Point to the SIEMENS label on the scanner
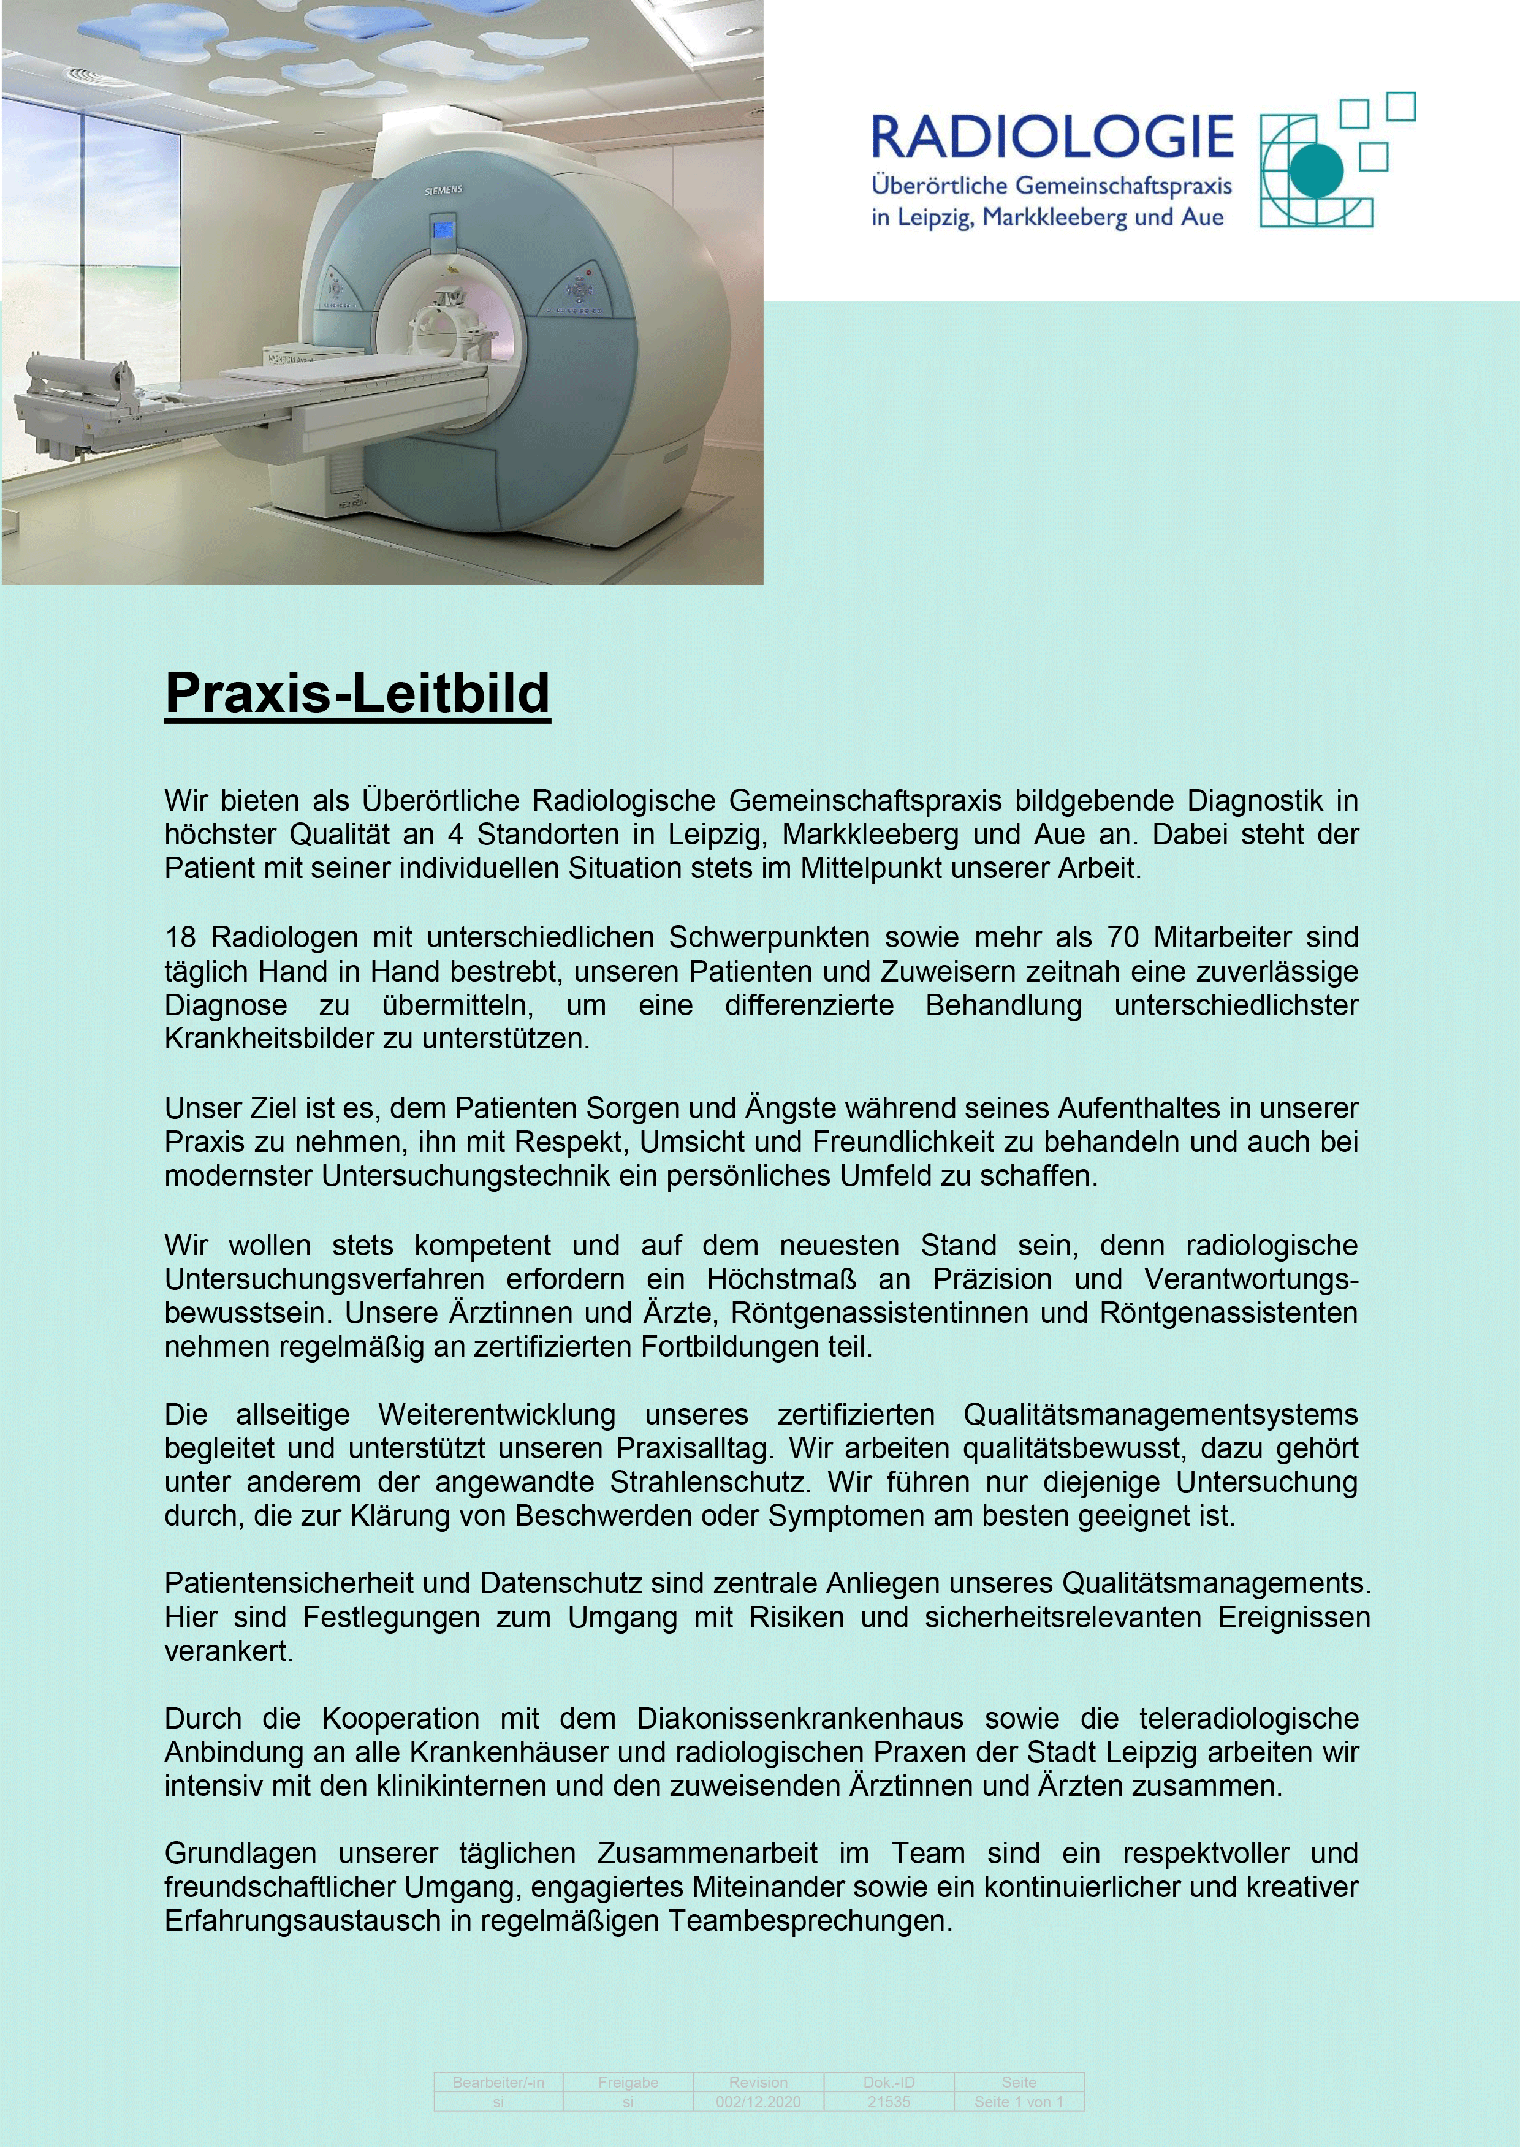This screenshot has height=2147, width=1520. coord(444,191)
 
